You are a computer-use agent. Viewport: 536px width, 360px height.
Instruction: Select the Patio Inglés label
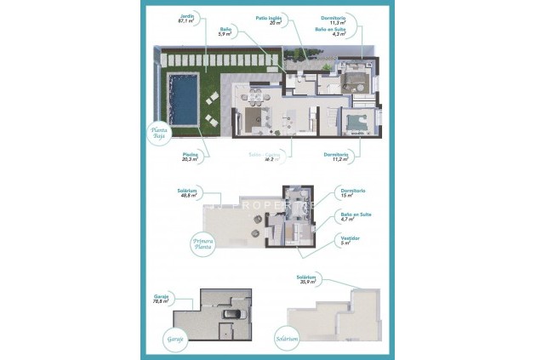point(268,20)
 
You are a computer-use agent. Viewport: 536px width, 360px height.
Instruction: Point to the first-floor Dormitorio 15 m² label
point(346,193)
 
